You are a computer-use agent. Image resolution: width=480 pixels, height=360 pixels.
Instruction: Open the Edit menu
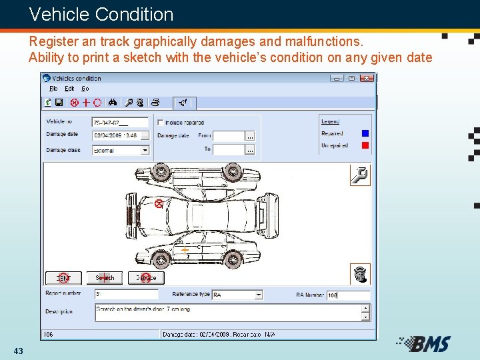click(x=69, y=89)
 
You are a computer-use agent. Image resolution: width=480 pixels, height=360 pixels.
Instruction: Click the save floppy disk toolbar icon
click(x=59, y=103)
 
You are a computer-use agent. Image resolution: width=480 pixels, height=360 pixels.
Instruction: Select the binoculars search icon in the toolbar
click(x=113, y=103)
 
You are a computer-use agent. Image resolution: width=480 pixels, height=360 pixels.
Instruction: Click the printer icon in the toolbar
click(x=155, y=103)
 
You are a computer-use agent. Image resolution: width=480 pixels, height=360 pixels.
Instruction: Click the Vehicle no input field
click(x=120, y=123)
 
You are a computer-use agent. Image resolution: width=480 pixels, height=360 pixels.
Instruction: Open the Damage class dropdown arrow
click(x=145, y=151)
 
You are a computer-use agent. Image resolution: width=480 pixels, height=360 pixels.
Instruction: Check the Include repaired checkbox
click(x=160, y=123)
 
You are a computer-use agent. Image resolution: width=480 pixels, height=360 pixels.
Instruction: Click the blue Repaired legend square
click(x=365, y=133)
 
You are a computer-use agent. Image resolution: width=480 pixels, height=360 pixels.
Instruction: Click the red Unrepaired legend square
click(x=365, y=145)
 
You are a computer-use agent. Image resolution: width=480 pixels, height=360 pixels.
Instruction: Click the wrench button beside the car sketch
click(x=359, y=176)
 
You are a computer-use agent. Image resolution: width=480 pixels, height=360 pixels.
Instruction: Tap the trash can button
click(x=359, y=273)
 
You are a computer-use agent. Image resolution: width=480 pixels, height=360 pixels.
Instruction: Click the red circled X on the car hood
click(x=159, y=203)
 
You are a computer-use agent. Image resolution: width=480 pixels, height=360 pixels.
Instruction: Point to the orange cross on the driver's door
click(x=185, y=250)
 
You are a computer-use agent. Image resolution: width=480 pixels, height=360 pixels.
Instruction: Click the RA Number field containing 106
click(x=347, y=295)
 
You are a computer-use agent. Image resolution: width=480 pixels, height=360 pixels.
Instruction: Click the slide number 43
click(x=18, y=351)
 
